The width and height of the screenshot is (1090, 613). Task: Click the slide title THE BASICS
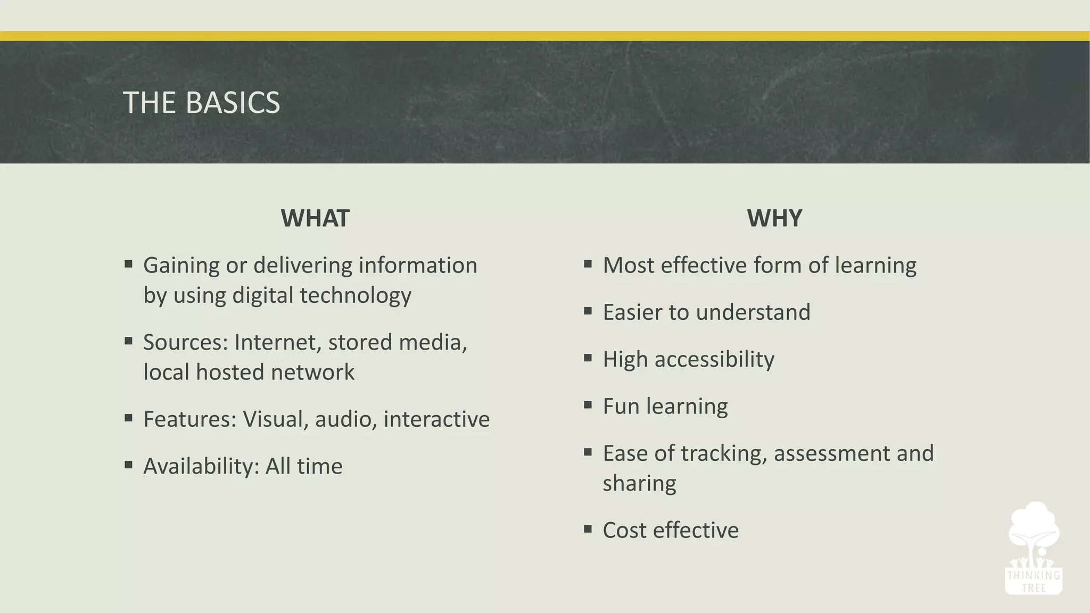coord(201,103)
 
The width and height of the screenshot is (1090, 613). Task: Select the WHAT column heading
coord(315,218)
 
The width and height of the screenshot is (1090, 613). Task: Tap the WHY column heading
coord(774,218)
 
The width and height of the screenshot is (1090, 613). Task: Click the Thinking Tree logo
coord(1033,548)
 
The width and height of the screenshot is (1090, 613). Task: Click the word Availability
coord(201,467)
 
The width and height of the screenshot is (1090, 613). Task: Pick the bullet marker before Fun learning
coord(588,405)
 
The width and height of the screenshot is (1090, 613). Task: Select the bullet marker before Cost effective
coord(588,529)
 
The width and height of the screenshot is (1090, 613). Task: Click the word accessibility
coord(714,360)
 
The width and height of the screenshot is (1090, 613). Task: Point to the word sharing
coord(639,484)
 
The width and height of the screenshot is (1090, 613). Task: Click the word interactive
coord(436,419)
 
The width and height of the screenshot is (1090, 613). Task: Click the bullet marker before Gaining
coord(128,264)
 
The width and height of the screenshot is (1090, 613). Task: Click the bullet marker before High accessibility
coord(588,358)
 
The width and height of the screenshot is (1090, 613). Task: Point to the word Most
coord(628,265)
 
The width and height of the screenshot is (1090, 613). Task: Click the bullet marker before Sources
coord(128,341)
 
